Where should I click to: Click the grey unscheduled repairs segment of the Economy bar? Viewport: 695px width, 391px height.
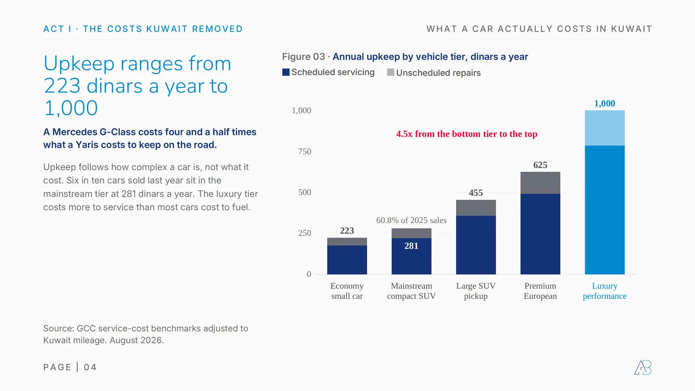pos(347,242)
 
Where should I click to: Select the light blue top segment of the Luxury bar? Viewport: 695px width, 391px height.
pos(605,128)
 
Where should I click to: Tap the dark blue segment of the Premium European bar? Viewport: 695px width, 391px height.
pos(540,234)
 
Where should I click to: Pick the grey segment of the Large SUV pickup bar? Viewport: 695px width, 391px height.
pos(476,208)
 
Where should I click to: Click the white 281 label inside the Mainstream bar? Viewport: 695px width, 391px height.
pos(411,246)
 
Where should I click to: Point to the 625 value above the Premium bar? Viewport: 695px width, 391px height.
pos(540,165)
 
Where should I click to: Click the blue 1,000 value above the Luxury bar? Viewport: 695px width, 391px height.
pos(604,103)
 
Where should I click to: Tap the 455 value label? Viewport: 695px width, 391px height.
pos(476,193)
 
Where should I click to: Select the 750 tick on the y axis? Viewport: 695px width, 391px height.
pos(304,152)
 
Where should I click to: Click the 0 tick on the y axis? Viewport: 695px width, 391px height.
pos(309,274)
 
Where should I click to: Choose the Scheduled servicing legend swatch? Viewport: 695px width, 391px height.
pos(286,72)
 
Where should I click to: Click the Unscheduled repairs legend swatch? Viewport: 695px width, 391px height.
pos(391,72)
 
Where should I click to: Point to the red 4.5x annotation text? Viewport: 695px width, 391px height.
pos(467,134)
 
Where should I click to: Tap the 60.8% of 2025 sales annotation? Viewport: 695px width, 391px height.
pos(411,220)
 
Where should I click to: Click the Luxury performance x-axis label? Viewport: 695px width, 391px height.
pos(604,291)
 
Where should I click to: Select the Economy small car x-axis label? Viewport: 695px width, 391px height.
pos(347,291)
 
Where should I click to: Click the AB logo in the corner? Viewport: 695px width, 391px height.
pos(642,368)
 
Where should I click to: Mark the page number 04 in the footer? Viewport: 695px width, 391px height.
pos(90,367)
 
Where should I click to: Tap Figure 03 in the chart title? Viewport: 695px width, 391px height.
pos(304,57)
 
